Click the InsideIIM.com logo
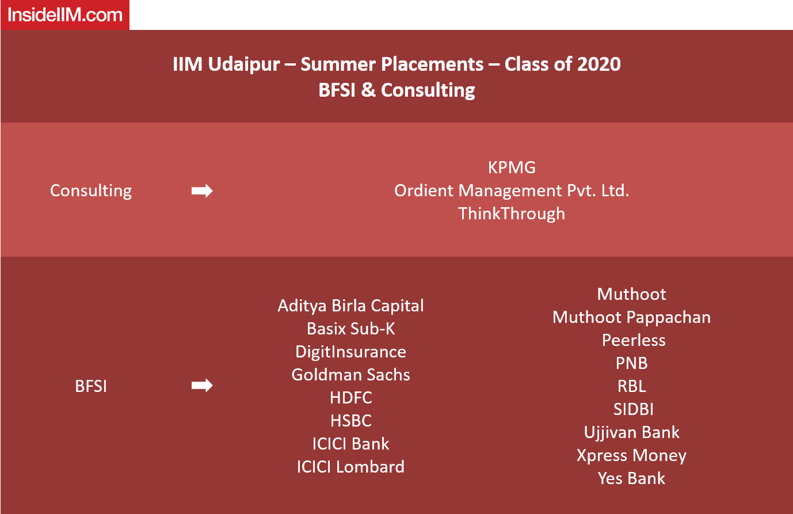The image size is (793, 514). click(65, 15)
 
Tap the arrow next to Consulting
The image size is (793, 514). click(202, 191)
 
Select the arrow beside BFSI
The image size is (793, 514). click(202, 385)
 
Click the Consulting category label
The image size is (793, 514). click(91, 191)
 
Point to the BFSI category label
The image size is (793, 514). click(91, 386)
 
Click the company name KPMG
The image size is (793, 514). click(512, 167)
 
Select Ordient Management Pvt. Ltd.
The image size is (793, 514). click(512, 191)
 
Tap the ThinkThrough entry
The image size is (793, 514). click(512, 214)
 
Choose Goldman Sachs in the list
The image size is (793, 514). click(350, 375)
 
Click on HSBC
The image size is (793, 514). click(351, 421)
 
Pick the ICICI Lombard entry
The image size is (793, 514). click(350, 467)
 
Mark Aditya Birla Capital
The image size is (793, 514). click(350, 306)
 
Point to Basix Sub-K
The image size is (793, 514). click(350, 329)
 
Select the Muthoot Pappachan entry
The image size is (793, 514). click(631, 317)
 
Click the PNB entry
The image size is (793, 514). click(631, 363)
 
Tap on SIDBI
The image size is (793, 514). click(634, 409)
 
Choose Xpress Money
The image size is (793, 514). click(631, 456)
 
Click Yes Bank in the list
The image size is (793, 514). click(631, 478)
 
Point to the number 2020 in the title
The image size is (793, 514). click(598, 64)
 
